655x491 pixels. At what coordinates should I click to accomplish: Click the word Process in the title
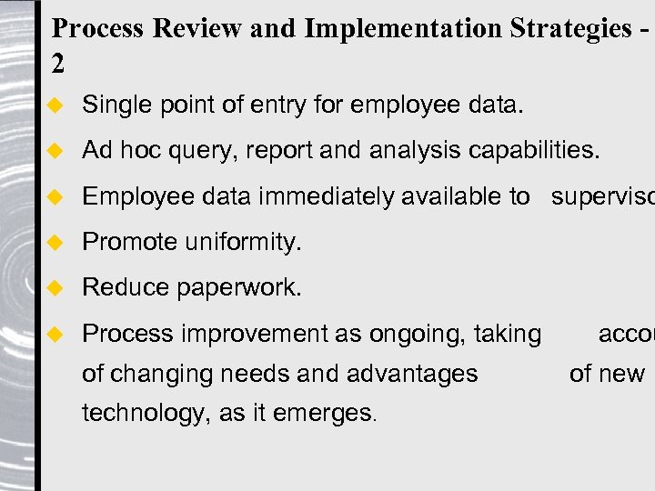pyautogui.click(x=98, y=29)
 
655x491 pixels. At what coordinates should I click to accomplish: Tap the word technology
pyautogui.click(x=145, y=414)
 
